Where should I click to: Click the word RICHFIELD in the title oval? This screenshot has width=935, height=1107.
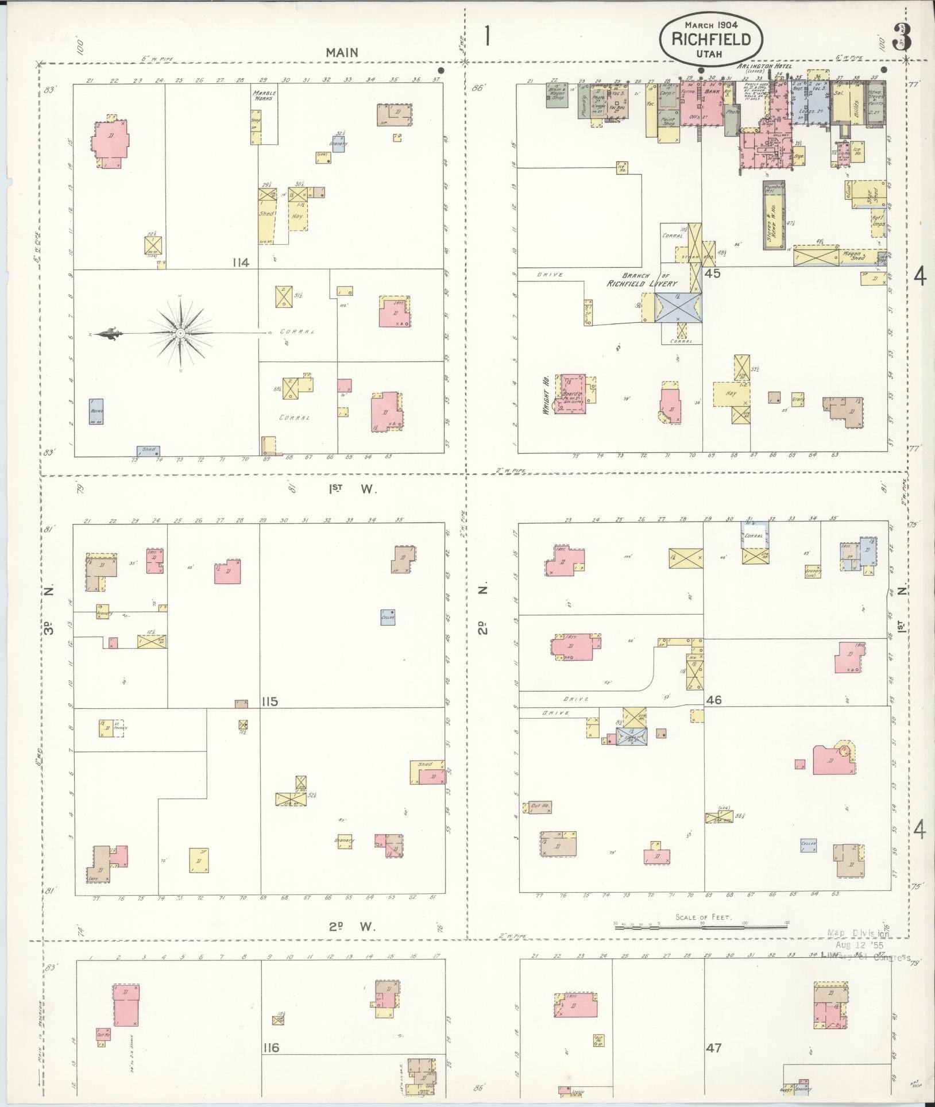click(x=712, y=39)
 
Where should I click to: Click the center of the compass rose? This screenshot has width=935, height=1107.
click(x=180, y=333)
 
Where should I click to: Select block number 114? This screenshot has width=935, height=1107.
click(x=241, y=263)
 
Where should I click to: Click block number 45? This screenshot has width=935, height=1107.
click(x=713, y=273)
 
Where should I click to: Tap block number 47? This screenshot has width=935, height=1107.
click(x=714, y=1048)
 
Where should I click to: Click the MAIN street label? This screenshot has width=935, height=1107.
click(x=342, y=52)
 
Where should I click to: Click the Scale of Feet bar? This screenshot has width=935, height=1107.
click(x=701, y=925)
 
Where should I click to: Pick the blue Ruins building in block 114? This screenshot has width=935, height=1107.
click(x=96, y=411)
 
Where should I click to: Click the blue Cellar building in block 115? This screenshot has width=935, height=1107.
click(x=388, y=617)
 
